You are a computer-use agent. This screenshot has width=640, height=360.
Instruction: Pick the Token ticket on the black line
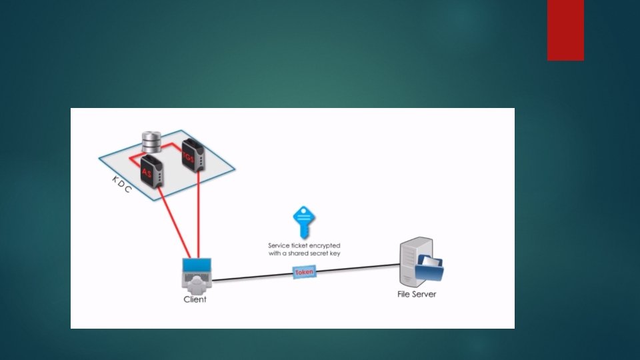(304, 272)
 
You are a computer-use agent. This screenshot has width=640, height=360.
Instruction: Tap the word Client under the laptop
(195, 299)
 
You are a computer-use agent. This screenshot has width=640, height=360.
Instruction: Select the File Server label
(416, 293)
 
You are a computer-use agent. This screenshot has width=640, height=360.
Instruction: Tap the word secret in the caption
(319, 253)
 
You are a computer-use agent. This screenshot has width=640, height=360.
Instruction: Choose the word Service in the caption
(279, 245)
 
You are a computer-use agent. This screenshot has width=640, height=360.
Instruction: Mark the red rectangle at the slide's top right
(565, 30)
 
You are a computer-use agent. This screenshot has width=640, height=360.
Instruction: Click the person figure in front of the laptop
(197, 285)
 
